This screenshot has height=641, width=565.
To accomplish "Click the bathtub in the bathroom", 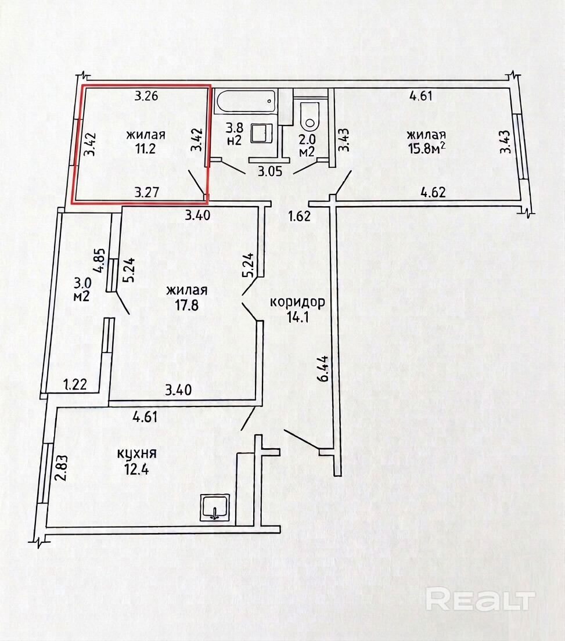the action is [x=246, y=103].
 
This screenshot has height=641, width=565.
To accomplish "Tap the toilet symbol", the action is [x=309, y=116].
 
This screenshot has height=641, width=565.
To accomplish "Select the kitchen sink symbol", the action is [x=215, y=507].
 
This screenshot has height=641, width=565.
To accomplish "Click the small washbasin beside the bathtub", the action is [x=262, y=134].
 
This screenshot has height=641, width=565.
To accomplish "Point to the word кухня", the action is [x=137, y=453].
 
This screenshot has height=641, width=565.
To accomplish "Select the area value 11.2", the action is [x=146, y=149].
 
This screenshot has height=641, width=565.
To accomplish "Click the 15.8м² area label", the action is [x=426, y=149].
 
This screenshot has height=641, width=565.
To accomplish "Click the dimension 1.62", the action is [x=299, y=215].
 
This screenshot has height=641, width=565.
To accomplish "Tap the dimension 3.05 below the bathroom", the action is [x=270, y=171].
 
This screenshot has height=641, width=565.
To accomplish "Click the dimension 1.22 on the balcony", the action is [x=75, y=384].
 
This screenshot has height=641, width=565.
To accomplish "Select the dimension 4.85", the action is [x=101, y=263].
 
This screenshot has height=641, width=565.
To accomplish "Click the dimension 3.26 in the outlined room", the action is [x=147, y=96].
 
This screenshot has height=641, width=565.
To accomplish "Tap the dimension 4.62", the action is [x=433, y=192].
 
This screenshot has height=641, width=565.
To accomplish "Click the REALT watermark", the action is [x=481, y=600].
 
